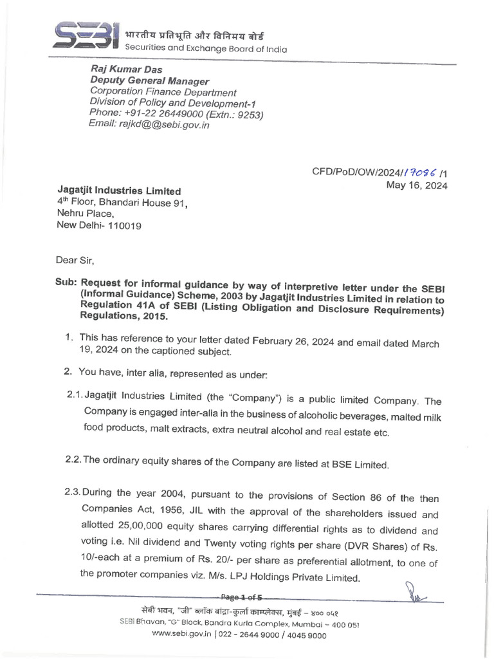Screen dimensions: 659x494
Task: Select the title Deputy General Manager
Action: tap(149, 81)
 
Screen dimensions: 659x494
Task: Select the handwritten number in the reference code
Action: tap(421, 172)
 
